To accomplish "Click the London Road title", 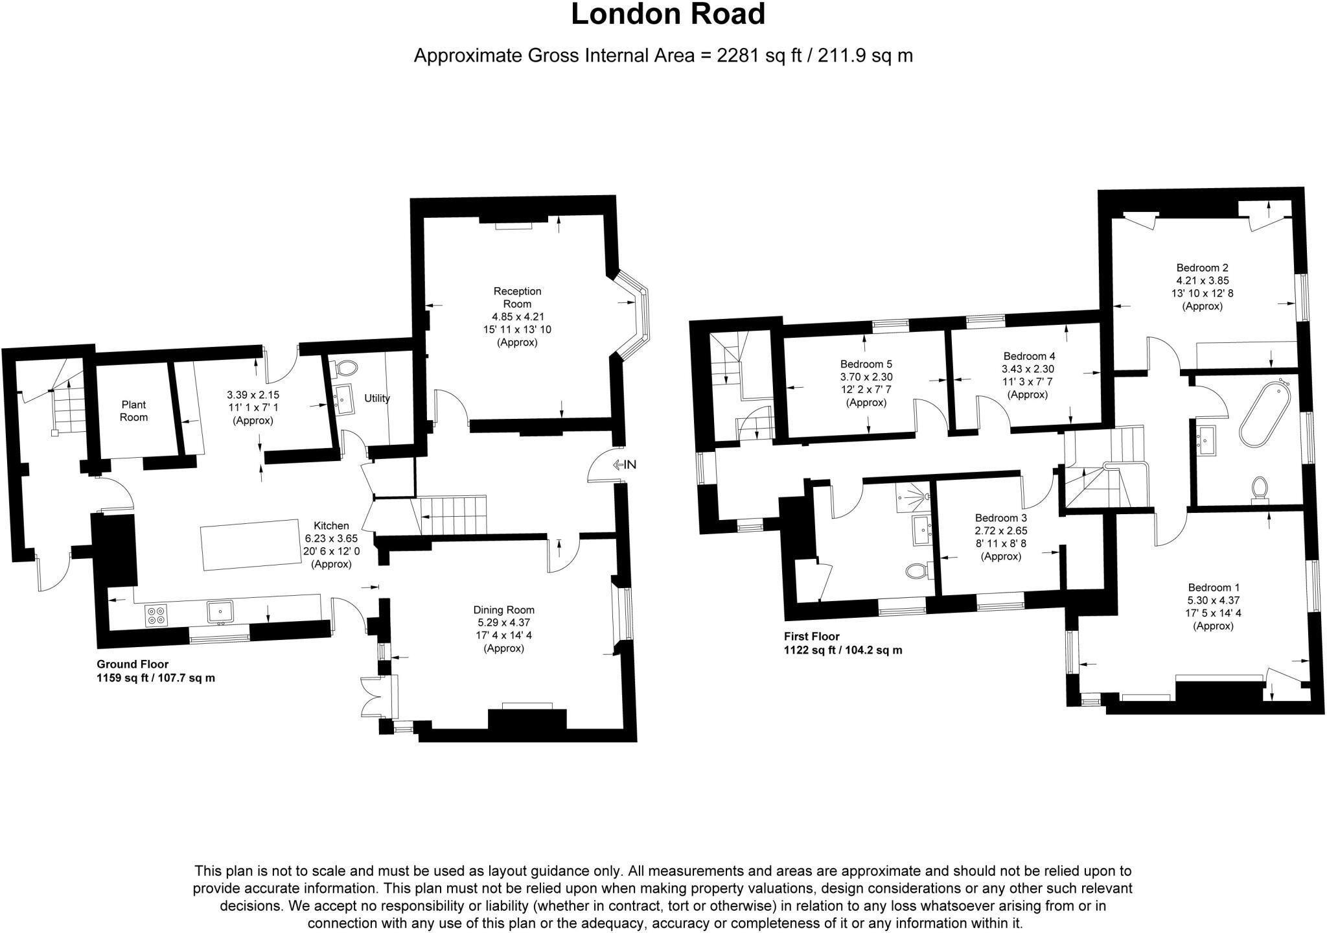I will (667, 14).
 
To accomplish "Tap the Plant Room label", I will (133, 411).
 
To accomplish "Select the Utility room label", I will (376, 398).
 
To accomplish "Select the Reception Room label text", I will (517, 298).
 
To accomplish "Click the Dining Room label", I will (503, 609).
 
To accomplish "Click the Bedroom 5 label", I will (866, 364).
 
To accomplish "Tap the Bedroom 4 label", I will (1029, 356).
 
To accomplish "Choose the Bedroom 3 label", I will (1001, 518).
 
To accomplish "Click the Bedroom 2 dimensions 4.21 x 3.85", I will (1203, 281).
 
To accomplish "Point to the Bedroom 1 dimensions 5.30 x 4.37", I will (1214, 600).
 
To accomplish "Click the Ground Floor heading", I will (133, 664).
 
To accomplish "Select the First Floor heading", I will (811, 636).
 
